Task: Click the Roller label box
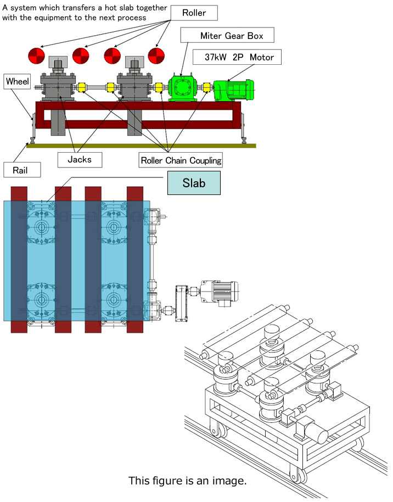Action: (194, 13)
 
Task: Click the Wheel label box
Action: (17, 82)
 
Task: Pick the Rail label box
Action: (23, 170)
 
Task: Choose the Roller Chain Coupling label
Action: (181, 160)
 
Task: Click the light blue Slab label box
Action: (194, 183)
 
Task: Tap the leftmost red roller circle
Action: (37, 55)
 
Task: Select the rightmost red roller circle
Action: (156, 55)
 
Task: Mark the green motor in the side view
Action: (233, 89)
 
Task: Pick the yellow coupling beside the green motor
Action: (207, 87)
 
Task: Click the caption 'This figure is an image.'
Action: (187, 481)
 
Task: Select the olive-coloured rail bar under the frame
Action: (141, 145)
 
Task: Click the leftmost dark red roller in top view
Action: (19, 259)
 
